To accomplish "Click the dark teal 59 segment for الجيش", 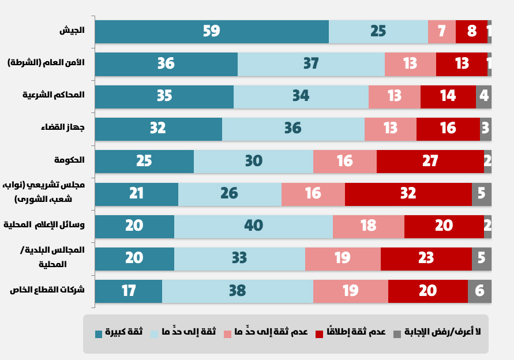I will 212,32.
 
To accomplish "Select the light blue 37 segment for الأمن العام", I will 311,64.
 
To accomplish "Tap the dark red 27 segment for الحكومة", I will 430,162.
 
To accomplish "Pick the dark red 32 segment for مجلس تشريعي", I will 408,194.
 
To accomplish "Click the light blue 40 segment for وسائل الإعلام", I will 253,226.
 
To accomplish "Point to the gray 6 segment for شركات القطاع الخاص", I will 479,291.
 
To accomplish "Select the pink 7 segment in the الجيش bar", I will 442,32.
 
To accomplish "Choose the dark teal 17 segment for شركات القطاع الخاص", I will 129,291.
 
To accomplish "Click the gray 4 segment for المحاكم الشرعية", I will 484,96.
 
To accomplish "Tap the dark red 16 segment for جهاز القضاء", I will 448,129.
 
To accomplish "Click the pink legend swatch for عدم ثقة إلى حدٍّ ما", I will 227,334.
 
